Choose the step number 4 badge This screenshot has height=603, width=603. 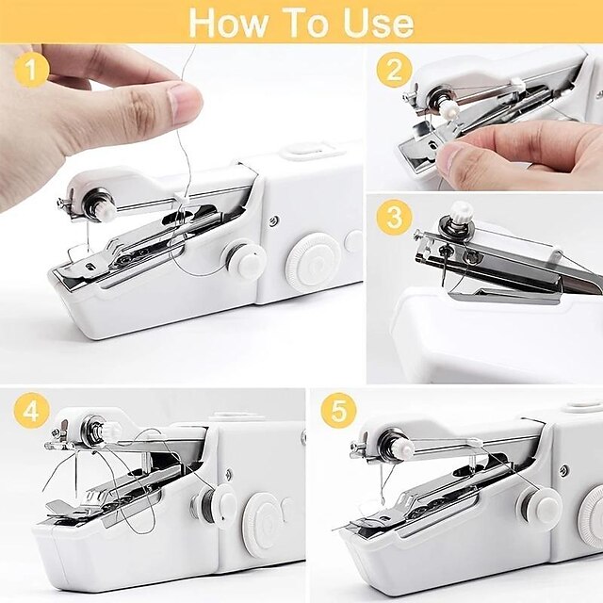click(31, 413)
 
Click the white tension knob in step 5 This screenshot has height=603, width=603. click(543, 507)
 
